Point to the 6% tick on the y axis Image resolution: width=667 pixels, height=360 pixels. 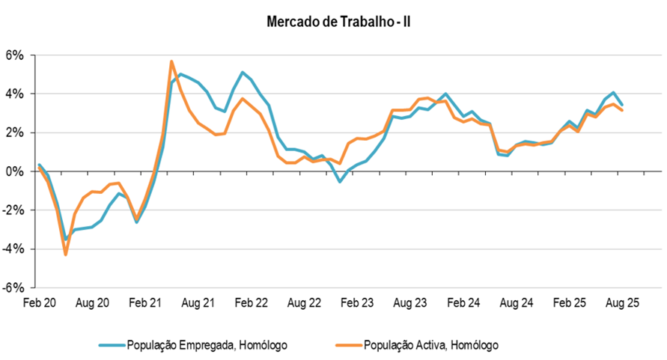[x=16, y=55]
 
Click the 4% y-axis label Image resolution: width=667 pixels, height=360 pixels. [x=16, y=94]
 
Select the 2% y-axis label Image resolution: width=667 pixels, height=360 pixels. [x=16, y=132]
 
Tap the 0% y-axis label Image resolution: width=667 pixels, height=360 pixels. [x=16, y=171]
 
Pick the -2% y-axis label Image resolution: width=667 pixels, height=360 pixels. [x=14, y=210]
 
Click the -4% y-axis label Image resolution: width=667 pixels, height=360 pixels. [x=14, y=248]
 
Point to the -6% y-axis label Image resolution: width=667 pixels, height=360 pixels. [x=14, y=287]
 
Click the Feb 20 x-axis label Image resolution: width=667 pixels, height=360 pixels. [x=40, y=303]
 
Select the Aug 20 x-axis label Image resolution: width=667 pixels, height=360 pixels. [x=93, y=303]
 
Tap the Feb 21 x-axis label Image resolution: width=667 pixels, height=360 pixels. [x=145, y=303]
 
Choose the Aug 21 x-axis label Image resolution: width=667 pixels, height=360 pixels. [x=198, y=303]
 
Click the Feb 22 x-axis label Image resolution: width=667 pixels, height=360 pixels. [x=252, y=303]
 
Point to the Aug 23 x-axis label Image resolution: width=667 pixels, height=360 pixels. [x=410, y=303]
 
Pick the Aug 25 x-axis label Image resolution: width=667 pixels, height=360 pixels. [x=622, y=303]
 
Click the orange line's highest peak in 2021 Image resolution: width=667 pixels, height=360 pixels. [x=172, y=61]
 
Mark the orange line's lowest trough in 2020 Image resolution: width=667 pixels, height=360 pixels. [x=66, y=254]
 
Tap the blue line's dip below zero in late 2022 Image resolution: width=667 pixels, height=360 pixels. [x=340, y=181]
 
